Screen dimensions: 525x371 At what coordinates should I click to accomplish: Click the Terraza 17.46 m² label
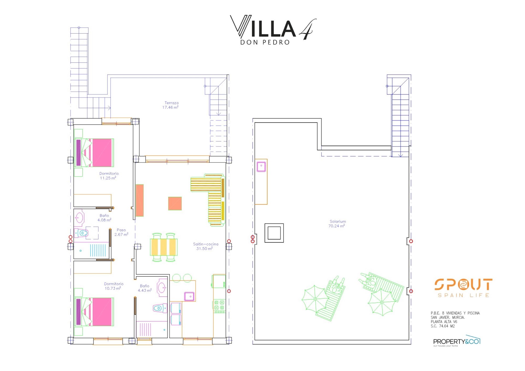coord(171,105)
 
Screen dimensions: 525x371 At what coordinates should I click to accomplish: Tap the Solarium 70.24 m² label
coord(337,224)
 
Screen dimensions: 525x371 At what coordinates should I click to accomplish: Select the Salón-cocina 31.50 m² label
coord(205,246)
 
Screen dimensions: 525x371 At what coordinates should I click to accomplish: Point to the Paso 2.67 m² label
coord(121,232)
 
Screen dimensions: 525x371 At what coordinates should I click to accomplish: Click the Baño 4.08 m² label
coord(104,218)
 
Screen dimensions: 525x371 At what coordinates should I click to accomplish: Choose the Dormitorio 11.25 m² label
coord(109,176)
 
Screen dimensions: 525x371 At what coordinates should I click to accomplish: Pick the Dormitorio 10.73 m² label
coord(113,286)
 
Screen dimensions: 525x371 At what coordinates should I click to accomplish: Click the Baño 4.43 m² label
coord(144,288)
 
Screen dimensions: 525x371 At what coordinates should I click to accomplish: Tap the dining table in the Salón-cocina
coord(164,247)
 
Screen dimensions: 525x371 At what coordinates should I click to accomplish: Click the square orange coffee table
coord(175,203)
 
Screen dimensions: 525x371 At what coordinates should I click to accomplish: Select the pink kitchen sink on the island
coord(189,296)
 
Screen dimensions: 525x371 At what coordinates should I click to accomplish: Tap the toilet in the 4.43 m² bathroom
coord(160,308)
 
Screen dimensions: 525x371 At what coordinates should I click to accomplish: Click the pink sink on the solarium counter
coord(261,166)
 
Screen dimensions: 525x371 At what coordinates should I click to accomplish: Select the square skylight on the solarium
coord(274,233)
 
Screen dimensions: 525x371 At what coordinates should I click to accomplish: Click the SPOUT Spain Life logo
coord(463,288)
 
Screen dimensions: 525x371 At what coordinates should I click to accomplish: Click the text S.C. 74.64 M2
coord(443,326)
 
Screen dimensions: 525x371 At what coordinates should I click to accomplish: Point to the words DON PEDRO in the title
coord(265,42)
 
